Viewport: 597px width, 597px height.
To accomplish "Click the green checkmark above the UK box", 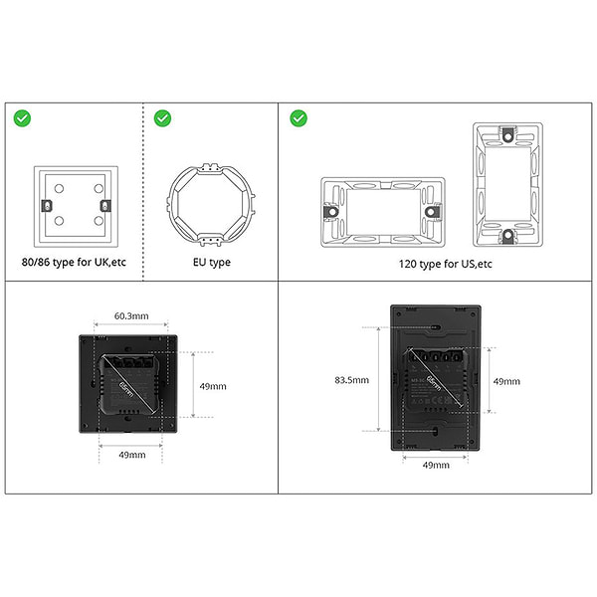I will pyautogui.click(x=22, y=118).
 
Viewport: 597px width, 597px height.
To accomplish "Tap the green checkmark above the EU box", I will pyautogui.click(x=162, y=118).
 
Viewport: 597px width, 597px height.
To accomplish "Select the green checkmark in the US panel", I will pyautogui.click(x=298, y=118).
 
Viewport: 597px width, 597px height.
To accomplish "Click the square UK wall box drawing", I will pyautogui.click(x=76, y=206).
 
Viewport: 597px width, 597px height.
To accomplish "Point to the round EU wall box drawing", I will pyautogui.click(x=210, y=203).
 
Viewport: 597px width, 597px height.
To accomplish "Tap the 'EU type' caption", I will pyautogui.click(x=211, y=263).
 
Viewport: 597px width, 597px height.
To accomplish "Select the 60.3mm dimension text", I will pyautogui.click(x=131, y=315).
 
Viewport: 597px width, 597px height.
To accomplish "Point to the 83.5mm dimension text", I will pyautogui.click(x=351, y=379).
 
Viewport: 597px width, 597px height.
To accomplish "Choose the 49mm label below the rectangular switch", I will pyautogui.click(x=436, y=464).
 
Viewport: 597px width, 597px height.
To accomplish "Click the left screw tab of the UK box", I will pyautogui.click(x=45, y=206).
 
